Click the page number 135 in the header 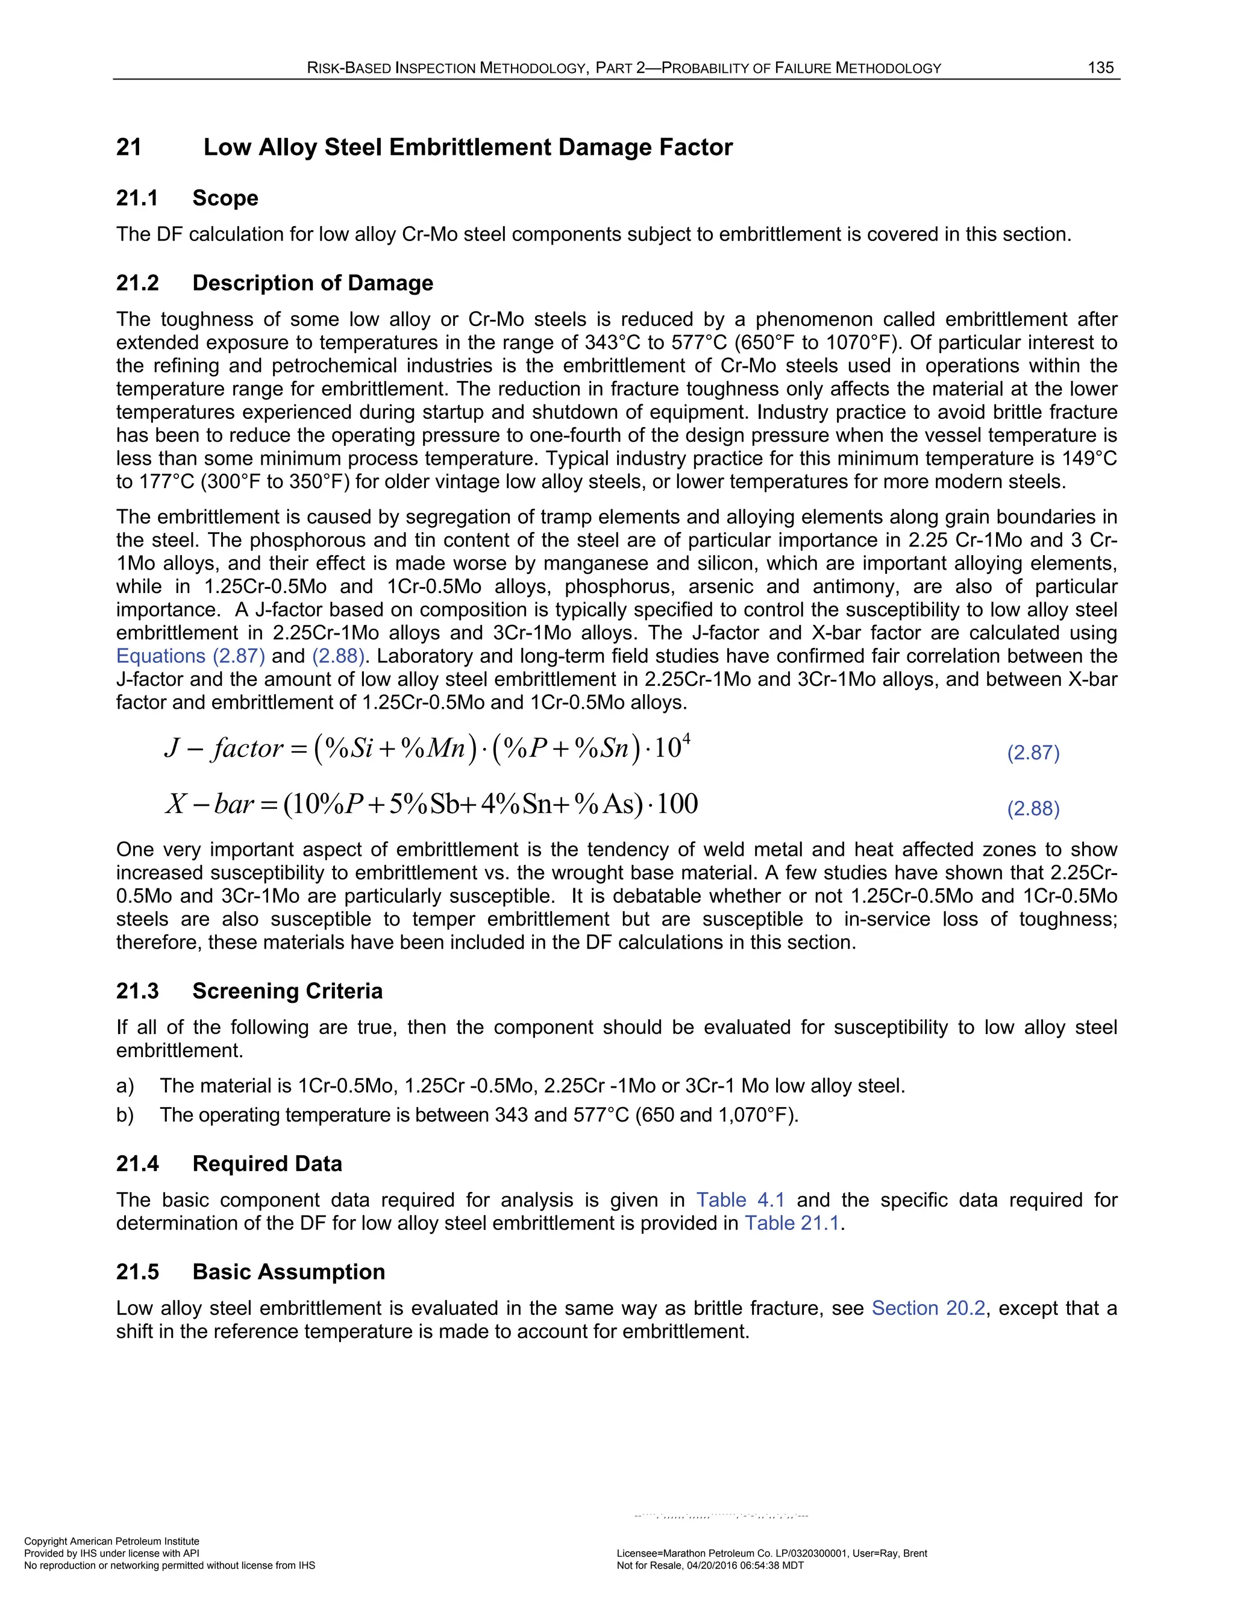tap(1100, 68)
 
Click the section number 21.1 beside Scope tap(137, 198)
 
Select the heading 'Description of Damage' tap(313, 283)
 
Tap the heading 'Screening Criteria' tap(287, 991)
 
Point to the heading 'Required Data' tap(267, 1163)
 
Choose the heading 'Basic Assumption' tap(289, 1272)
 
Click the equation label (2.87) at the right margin tap(1033, 753)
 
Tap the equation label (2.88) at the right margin tap(1033, 809)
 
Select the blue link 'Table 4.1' tap(741, 1200)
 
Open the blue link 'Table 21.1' tap(792, 1223)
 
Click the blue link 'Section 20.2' tap(929, 1308)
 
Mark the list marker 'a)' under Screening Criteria tap(125, 1086)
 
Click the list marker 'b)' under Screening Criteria tap(125, 1115)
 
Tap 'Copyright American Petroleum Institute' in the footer tap(112, 1542)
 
